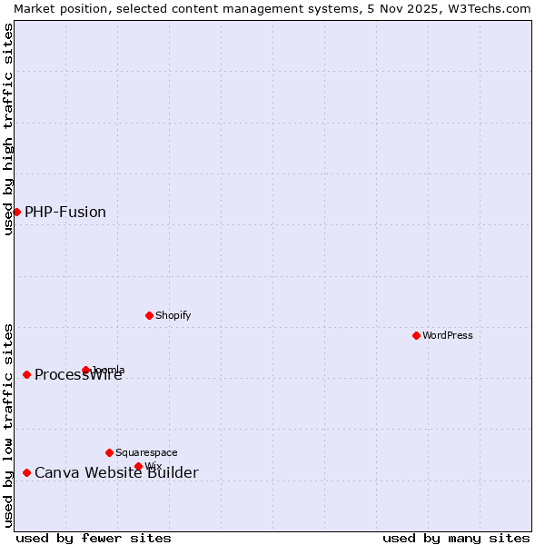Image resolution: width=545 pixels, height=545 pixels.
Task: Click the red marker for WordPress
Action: [x=417, y=335]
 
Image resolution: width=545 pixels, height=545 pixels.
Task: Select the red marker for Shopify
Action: [x=150, y=315]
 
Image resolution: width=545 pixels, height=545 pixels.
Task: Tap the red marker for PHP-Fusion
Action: [x=16, y=212]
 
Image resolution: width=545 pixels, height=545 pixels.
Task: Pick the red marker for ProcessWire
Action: [x=27, y=374]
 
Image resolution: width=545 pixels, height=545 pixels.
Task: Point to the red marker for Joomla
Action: [x=86, y=370]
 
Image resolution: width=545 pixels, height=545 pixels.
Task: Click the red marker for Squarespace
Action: [x=110, y=452]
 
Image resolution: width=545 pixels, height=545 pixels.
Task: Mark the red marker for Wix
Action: [x=139, y=466]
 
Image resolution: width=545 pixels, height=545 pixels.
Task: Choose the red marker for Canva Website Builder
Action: [x=27, y=472]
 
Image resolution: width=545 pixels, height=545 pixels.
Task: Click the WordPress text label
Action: [x=448, y=335]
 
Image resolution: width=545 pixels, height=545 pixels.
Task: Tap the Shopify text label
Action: [x=173, y=315]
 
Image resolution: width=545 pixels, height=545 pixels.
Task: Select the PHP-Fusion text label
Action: [x=65, y=212]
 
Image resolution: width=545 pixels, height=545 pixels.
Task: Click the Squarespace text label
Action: [x=146, y=452]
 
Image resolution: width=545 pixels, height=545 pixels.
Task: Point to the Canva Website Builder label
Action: [x=116, y=472]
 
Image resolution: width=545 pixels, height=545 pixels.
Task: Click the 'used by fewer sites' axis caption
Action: [x=94, y=538]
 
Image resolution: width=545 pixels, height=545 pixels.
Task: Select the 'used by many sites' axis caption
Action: [x=456, y=538]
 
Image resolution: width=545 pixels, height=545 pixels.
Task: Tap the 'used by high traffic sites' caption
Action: [x=8, y=129]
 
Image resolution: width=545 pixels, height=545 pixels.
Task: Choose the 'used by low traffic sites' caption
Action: [x=8, y=425]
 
